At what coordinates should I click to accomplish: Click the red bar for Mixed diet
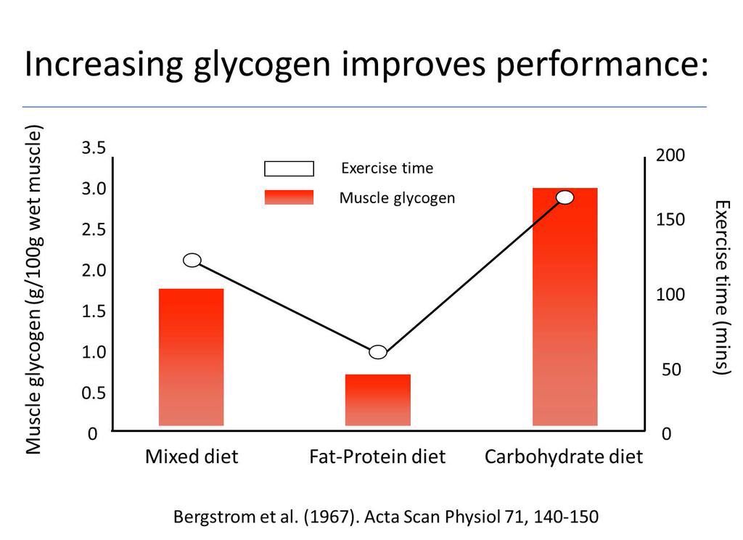point(191,356)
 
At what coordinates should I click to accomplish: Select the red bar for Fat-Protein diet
point(377,399)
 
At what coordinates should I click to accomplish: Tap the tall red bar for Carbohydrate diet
point(565,306)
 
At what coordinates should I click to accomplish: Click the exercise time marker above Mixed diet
point(192,261)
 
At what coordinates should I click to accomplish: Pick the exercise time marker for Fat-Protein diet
point(378,352)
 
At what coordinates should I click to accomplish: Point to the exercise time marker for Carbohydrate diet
point(565,197)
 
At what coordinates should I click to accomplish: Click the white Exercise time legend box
point(289,169)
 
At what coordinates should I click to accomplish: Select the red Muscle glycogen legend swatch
point(289,197)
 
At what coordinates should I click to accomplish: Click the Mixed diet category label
point(192,457)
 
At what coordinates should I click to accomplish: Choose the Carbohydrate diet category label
point(564,457)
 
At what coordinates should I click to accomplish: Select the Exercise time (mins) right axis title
point(721,287)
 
